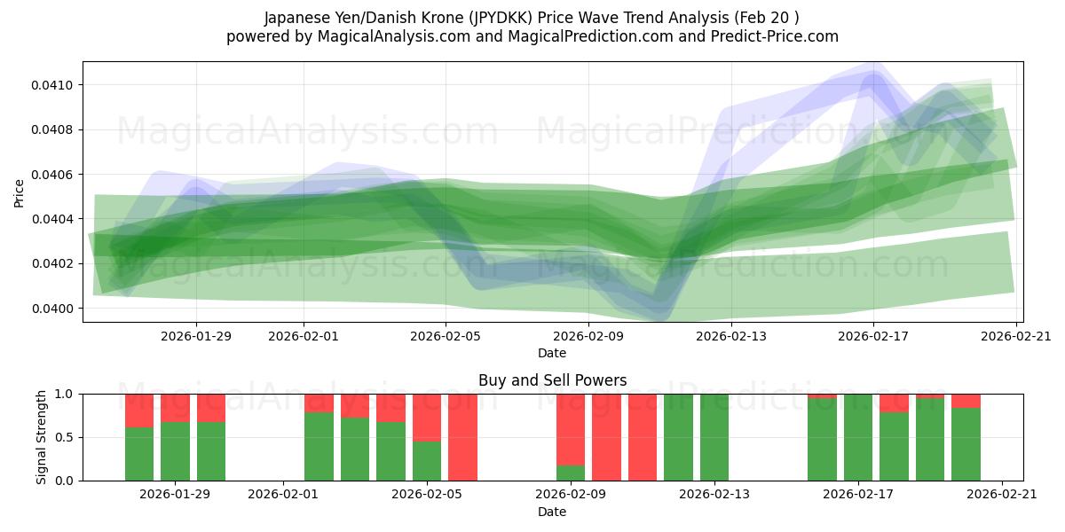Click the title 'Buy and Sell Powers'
point(552,380)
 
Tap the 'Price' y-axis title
point(20,192)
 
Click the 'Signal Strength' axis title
point(42,436)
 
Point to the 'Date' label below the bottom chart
point(552,512)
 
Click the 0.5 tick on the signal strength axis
point(67,437)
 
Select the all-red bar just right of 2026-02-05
point(462,437)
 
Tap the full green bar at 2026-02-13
point(714,437)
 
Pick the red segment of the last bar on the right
point(966,401)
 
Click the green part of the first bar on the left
point(139,454)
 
